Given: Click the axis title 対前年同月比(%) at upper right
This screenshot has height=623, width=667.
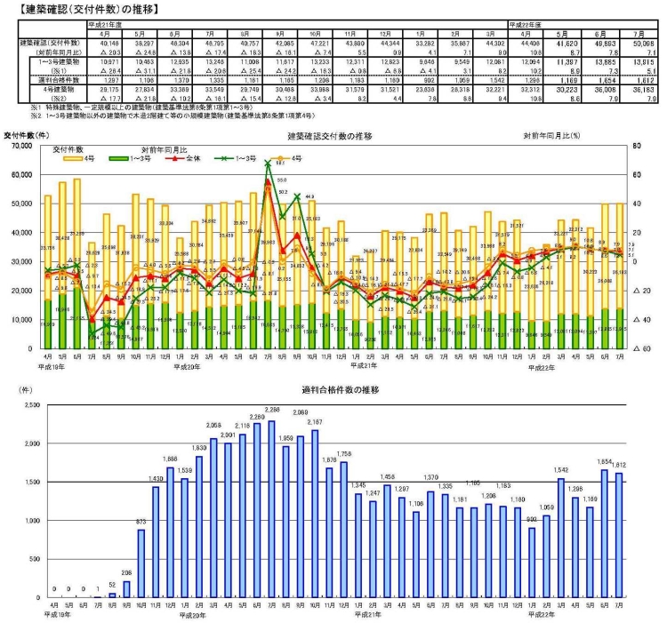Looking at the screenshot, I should tap(551, 136).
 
